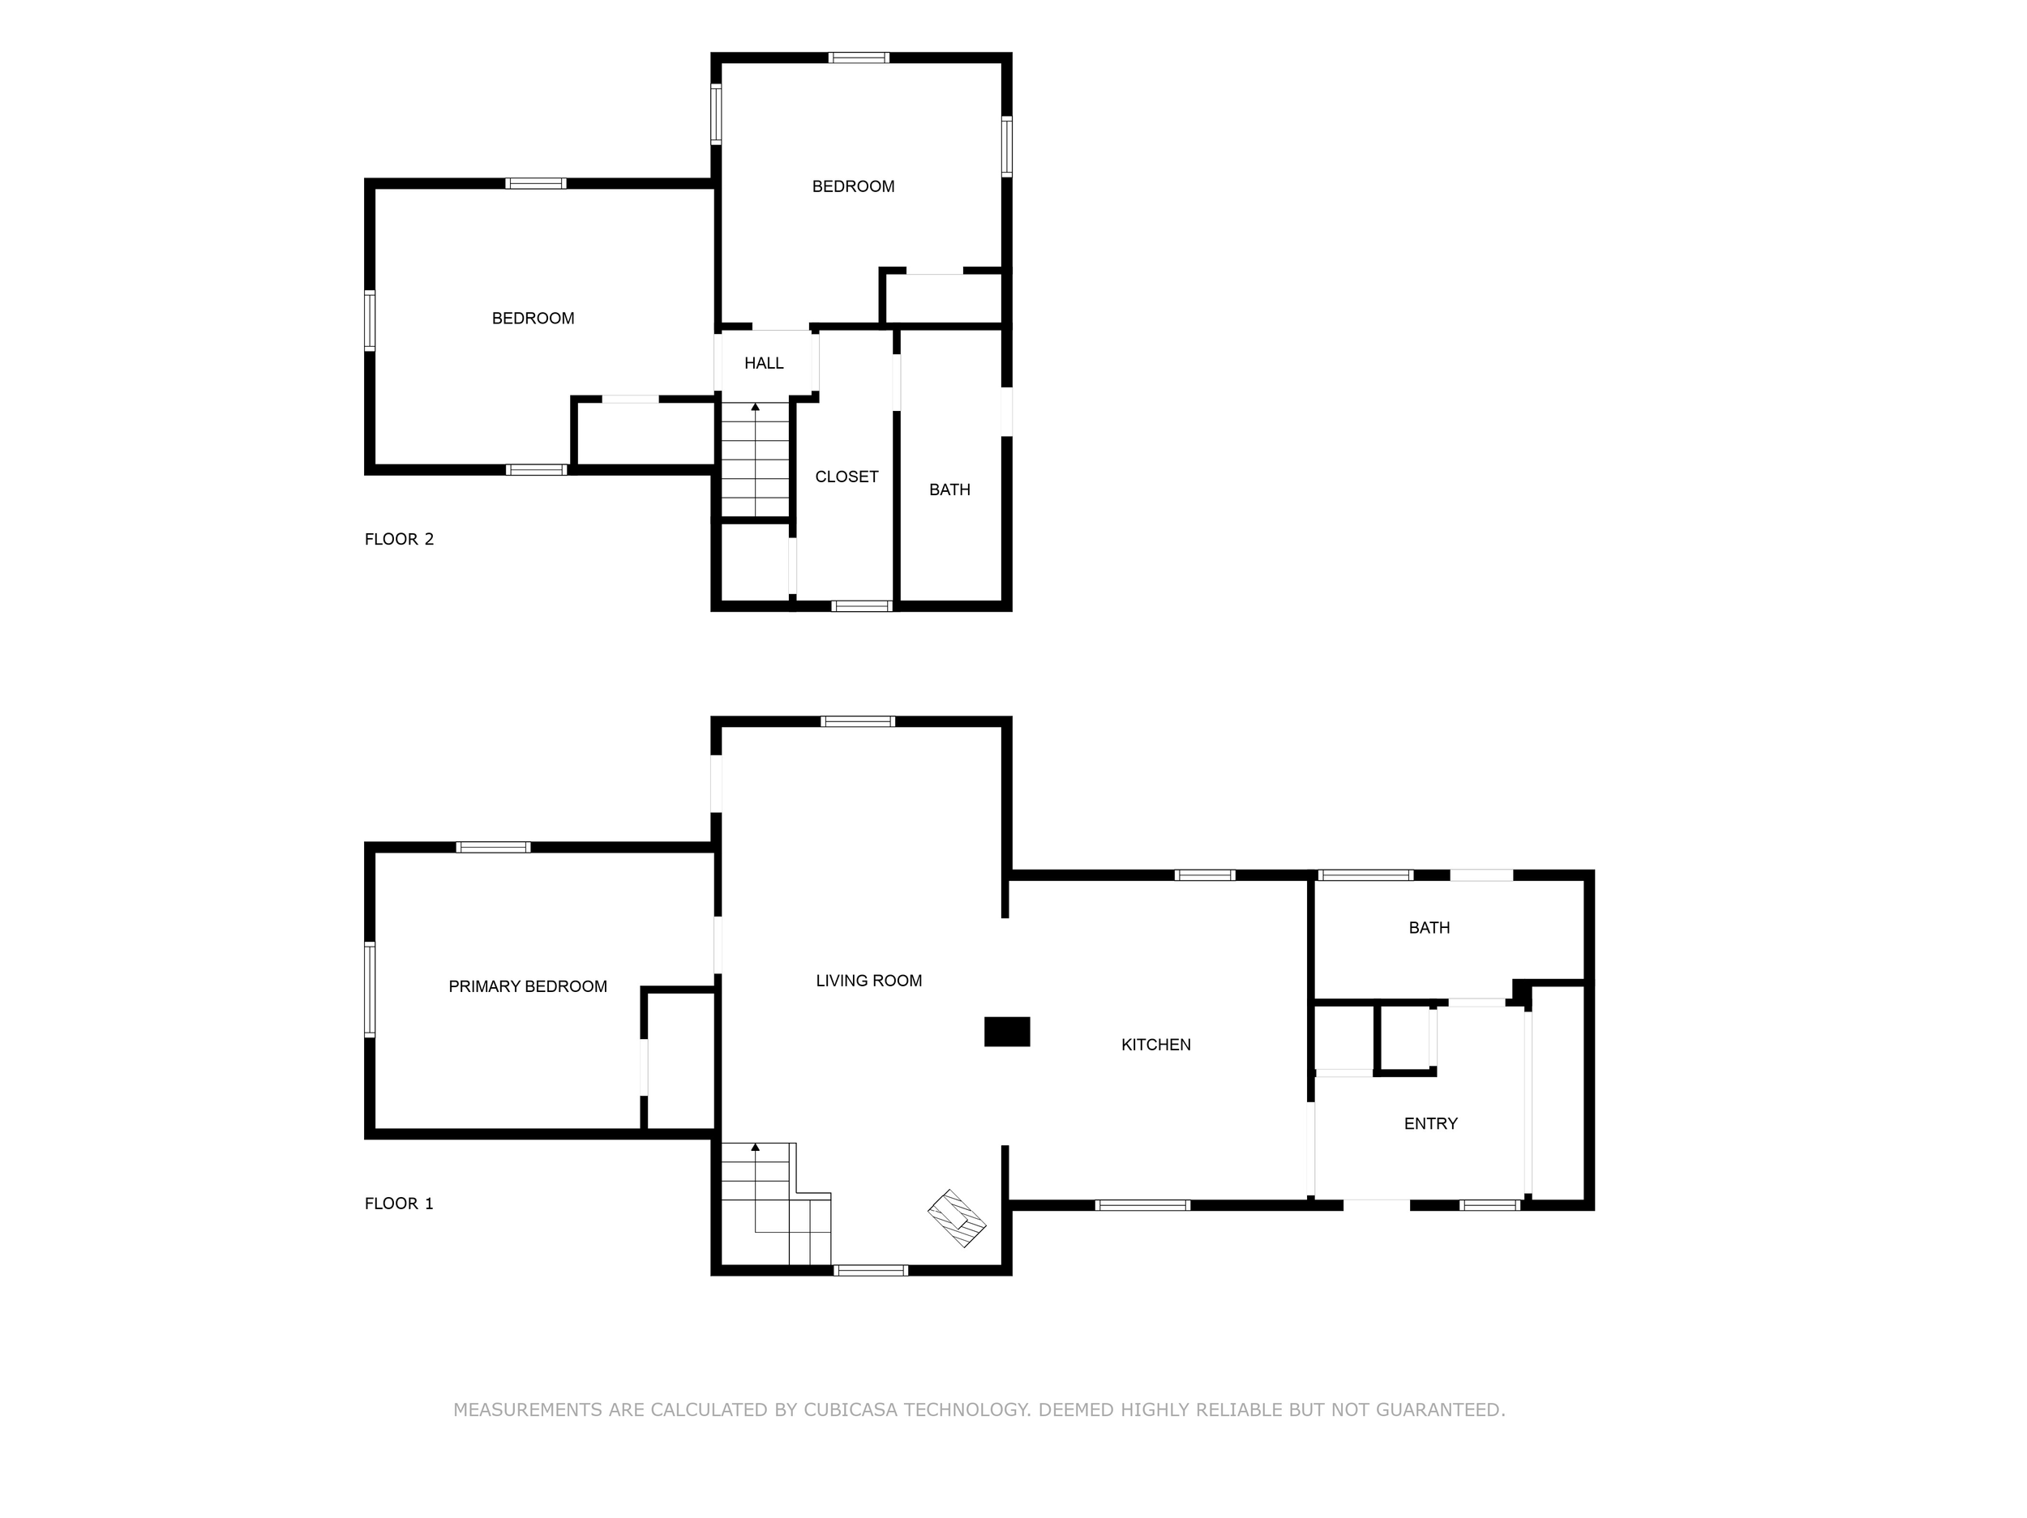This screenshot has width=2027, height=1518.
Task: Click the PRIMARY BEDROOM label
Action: coord(527,986)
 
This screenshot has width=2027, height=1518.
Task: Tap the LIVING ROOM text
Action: coord(868,981)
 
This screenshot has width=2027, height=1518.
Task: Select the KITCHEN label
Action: coord(1155,1045)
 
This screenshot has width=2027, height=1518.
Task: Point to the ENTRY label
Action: coord(1429,1124)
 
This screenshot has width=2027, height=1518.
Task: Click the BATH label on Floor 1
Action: coord(1429,928)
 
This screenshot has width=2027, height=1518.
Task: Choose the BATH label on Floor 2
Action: coord(949,490)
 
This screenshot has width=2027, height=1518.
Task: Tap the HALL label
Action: coord(763,364)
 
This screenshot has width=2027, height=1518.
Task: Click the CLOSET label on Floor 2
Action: coord(846,477)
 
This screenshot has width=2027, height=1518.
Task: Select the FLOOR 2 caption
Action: coord(399,540)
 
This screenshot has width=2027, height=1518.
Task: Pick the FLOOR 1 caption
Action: coord(399,1204)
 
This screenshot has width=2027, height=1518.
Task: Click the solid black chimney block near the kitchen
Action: coord(1006,1032)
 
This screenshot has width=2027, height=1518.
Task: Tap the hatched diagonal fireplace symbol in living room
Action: coord(957,1218)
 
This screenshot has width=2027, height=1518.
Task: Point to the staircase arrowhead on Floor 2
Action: coord(755,407)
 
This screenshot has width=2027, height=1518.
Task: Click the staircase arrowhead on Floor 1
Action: coord(755,1147)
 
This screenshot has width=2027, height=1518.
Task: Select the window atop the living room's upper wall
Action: coord(857,722)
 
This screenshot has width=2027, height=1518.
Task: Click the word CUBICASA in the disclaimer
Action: coord(851,1410)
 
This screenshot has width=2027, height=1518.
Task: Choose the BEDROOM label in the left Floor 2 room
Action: coord(533,319)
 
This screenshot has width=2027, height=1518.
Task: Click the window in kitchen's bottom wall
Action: coord(1142,1206)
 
